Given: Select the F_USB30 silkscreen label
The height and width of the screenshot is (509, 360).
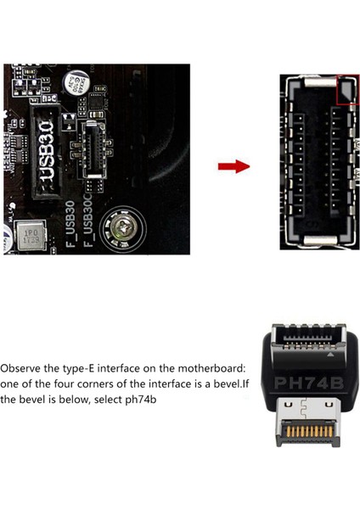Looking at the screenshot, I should [x=71, y=224].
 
